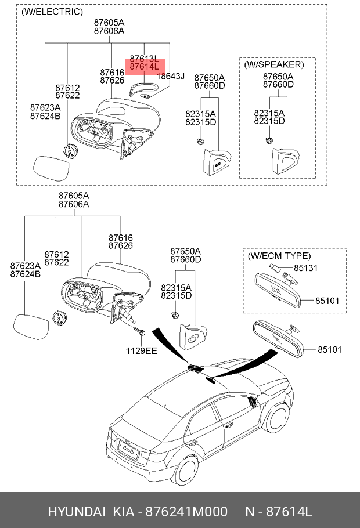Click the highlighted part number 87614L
[144, 67]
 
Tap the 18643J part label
[171, 76]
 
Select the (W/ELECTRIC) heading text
[52, 12]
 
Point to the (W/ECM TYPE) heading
[279, 256]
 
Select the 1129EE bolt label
[142, 350]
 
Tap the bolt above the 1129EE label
[140, 332]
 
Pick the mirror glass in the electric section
[51, 167]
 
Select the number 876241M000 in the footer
[185, 512]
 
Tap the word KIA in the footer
[121, 512]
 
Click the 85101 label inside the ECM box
[327, 302]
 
